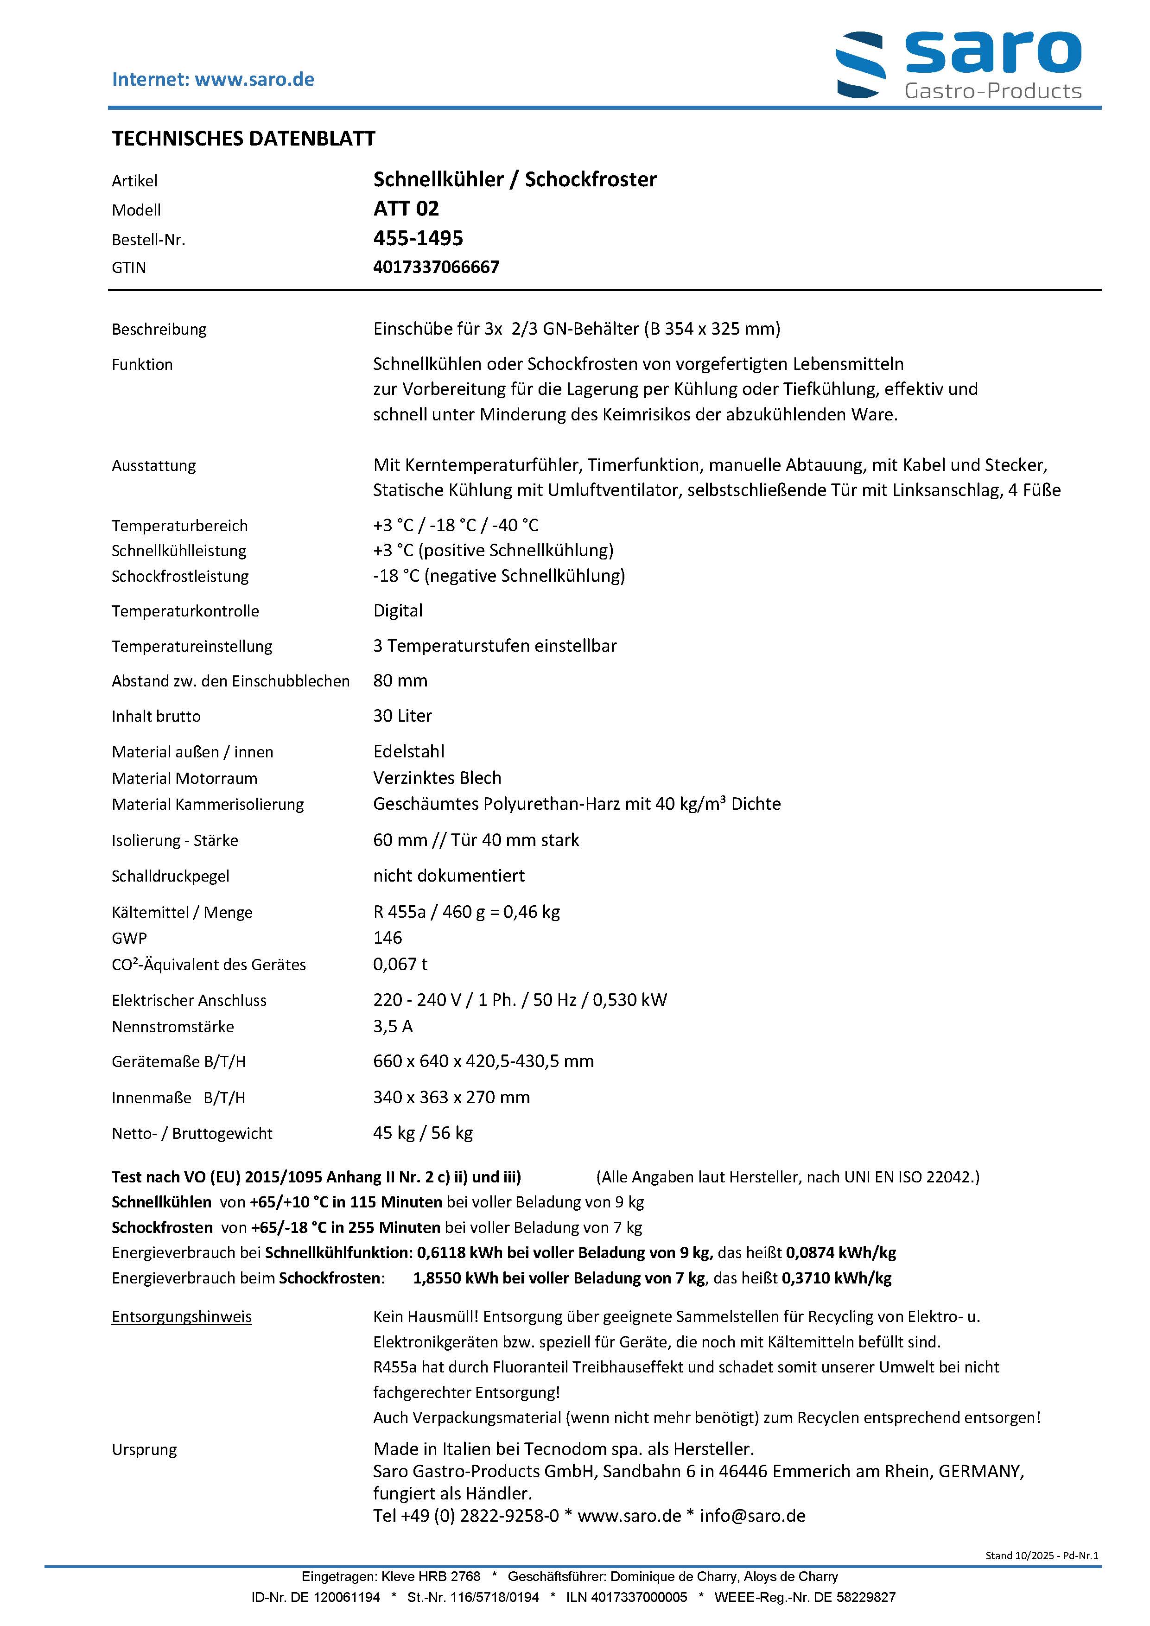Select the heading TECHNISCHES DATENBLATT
[244, 139]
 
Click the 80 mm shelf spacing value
[400, 680]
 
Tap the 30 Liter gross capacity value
[402, 716]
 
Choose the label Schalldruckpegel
[170, 877]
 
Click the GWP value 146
[388, 938]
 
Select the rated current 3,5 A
[392, 1026]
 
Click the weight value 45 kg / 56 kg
[423, 1133]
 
